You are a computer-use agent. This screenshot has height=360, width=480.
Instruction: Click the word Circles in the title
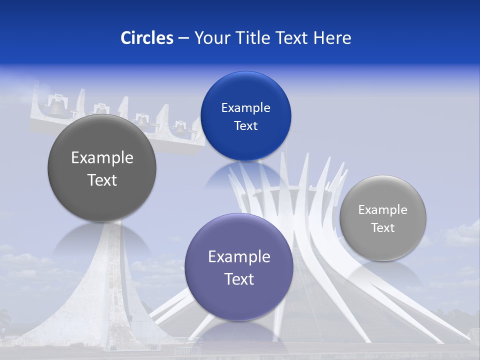[147, 38]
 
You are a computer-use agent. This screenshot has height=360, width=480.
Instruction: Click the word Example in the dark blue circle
[245, 108]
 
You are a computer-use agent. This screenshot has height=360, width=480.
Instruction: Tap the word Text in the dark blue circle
[245, 126]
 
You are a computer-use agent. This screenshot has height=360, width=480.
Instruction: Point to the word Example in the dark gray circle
[102, 158]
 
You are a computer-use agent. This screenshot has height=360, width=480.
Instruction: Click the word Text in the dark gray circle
[102, 180]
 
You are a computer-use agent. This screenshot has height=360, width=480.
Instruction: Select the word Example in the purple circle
[239, 257]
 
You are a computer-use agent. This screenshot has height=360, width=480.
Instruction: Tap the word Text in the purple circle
[239, 279]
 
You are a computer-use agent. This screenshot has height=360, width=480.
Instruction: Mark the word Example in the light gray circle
[383, 210]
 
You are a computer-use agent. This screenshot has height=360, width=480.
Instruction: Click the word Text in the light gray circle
[383, 228]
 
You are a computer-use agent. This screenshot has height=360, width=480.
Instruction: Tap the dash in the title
[183, 38]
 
